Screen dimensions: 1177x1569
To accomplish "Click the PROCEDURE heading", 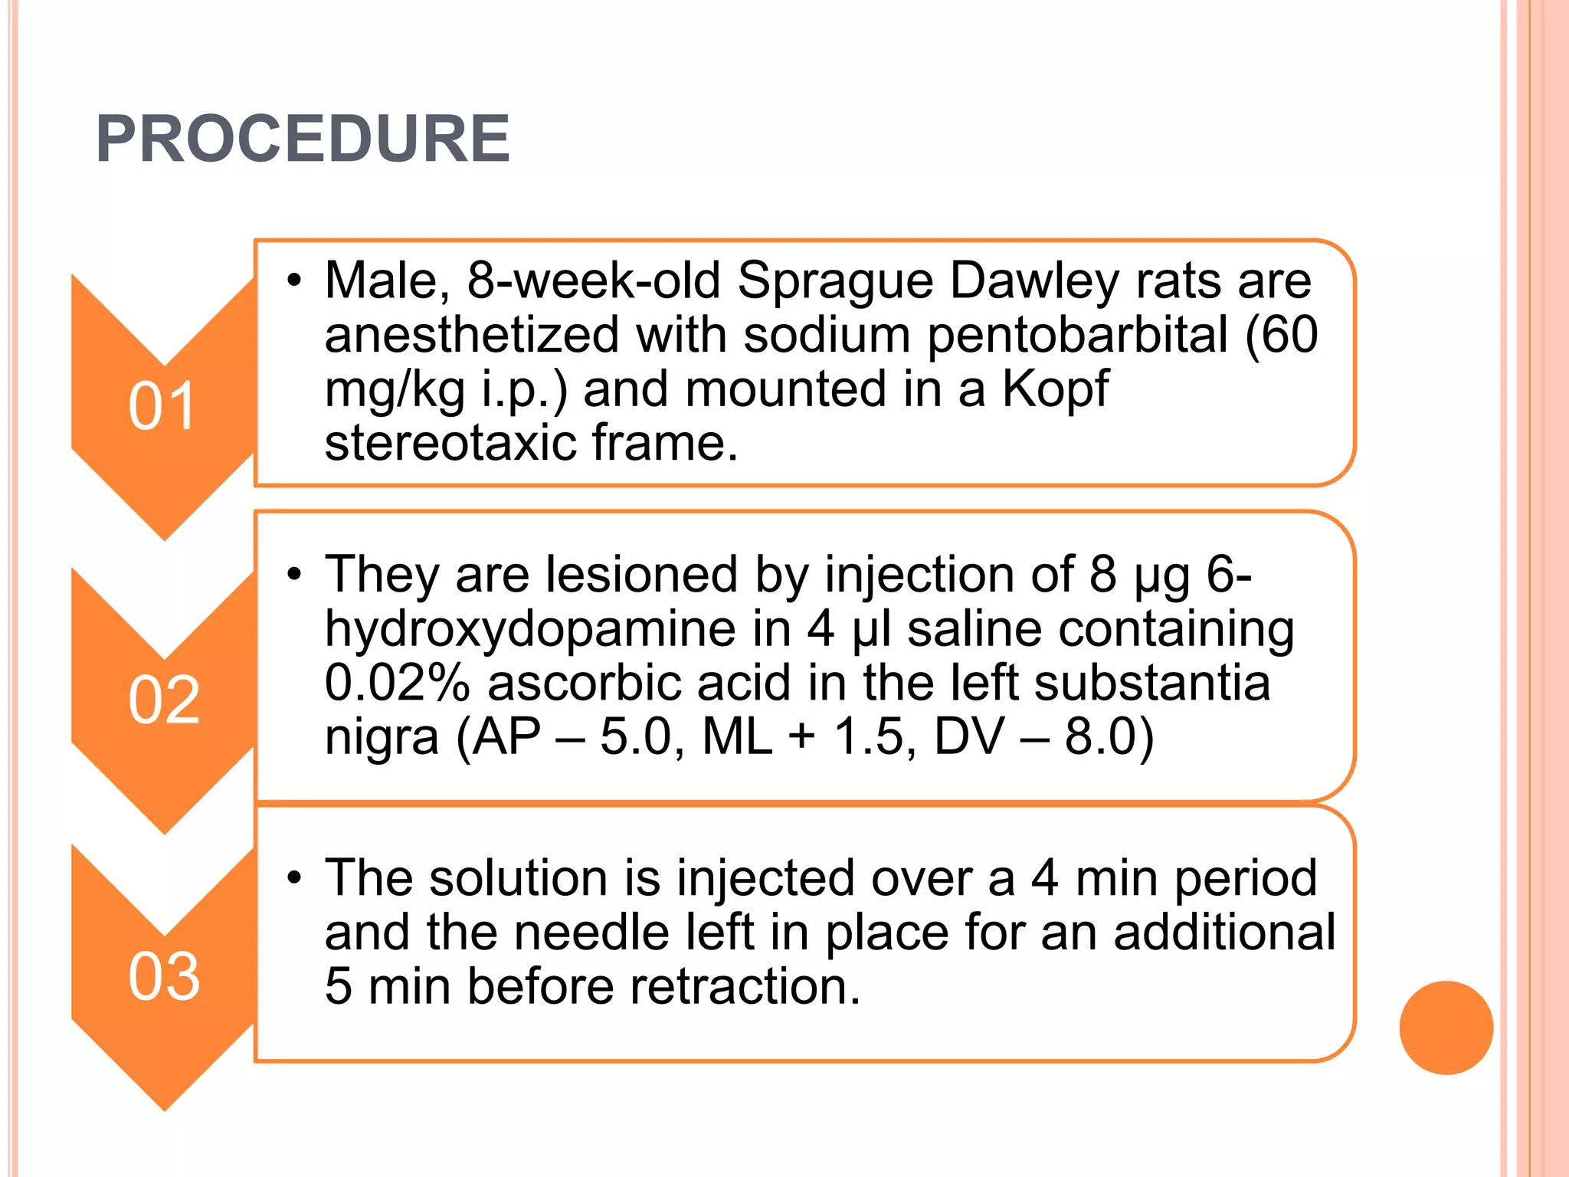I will click(x=303, y=139).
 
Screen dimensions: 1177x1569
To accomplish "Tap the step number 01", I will click(x=162, y=406).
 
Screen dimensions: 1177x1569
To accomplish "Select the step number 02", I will click(x=164, y=700).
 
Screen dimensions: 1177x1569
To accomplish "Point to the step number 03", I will click(x=164, y=976).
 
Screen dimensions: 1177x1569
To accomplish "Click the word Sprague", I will click(x=835, y=282).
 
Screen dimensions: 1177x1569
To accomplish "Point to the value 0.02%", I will click(x=397, y=683).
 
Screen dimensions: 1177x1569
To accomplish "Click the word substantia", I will click(x=1151, y=683).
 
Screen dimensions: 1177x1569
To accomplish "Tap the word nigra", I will click(x=382, y=737).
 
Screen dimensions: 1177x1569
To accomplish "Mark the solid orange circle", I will click(x=1446, y=1028).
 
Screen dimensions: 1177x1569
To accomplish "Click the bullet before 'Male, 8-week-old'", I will click(x=295, y=280).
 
